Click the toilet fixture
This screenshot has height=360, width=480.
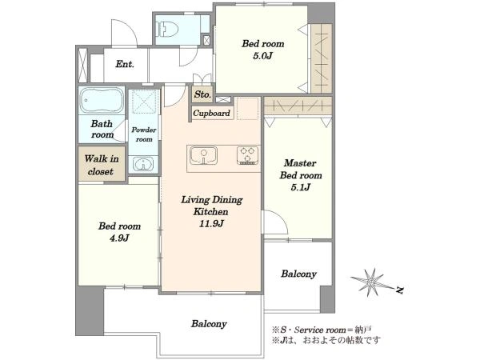[x=167, y=29]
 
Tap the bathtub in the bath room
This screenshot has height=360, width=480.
[x=102, y=101]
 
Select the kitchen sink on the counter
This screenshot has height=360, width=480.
[x=203, y=155]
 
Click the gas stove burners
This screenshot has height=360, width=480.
[x=247, y=155]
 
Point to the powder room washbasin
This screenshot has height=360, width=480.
[x=143, y=164]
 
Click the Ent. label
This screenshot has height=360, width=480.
[x=125, y=64]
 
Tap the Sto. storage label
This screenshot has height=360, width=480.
[x=202, y=94]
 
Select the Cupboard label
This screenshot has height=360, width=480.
[x=211, y=114]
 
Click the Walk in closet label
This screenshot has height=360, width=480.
[x=102, y=165]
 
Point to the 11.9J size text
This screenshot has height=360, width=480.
[x=211, y=224]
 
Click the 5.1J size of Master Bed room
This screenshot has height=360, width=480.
[x=300, y=187]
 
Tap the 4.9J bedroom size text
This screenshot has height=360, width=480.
[x=119, y=238]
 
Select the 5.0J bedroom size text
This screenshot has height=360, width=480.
[x=262, y=56]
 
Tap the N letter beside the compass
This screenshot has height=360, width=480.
[x=399, y=290]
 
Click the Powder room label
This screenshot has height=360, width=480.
[x=143, y=134]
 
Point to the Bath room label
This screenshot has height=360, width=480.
[x=102, y=129]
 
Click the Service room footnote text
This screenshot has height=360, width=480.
[x=322, y=330]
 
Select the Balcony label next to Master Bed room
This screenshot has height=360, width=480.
[x=298, y=274]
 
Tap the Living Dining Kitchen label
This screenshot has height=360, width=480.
[x=211, y=206]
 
